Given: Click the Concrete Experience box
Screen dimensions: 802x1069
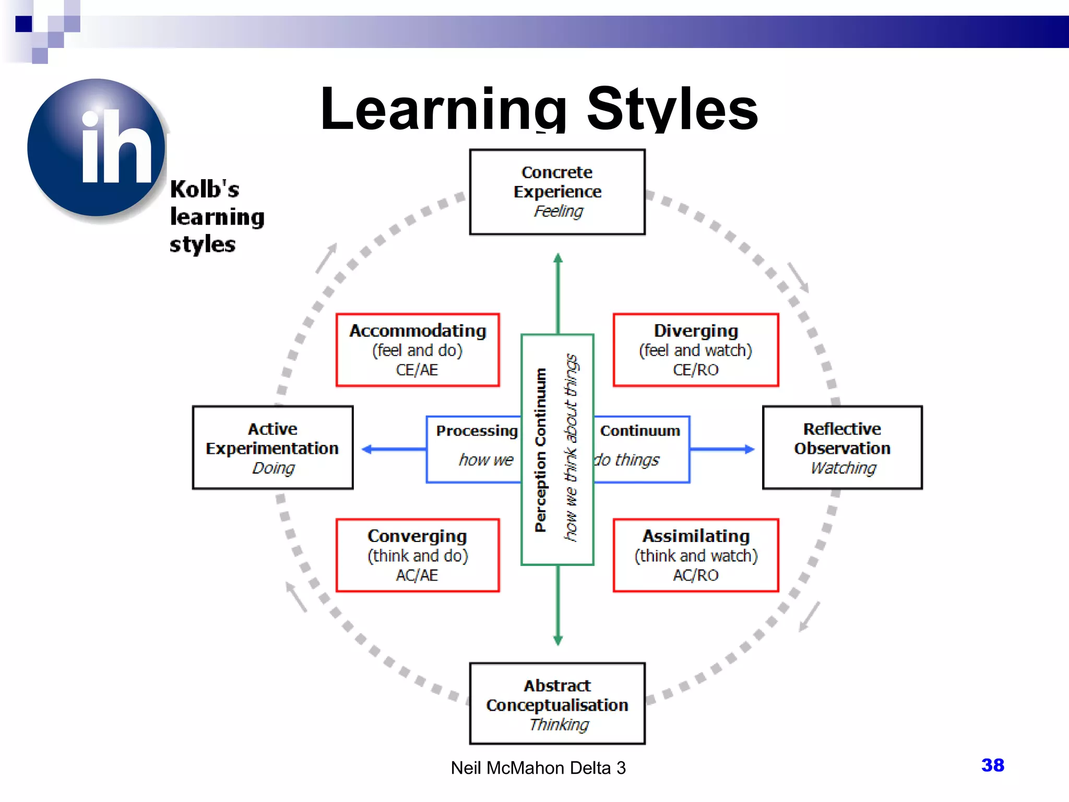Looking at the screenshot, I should click(x=557, y=192).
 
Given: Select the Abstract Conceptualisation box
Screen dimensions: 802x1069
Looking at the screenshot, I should click(x=557, y=703).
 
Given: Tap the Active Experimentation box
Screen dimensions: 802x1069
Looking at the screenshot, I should click(x=272, y=447).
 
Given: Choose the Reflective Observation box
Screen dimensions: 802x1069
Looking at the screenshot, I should click(x=842, y=447).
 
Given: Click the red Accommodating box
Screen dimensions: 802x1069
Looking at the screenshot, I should click(x=418, y=350).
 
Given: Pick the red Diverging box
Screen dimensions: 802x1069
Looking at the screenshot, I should click(x=696, y=350).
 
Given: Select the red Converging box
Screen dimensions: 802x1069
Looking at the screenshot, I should click(x=418, y=555).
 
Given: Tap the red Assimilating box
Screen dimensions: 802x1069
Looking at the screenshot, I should click(x=696, y=555).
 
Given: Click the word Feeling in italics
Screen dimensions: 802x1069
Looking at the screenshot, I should click(x=558, y=211).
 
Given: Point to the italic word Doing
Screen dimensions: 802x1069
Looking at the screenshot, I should click(x=273, y=468).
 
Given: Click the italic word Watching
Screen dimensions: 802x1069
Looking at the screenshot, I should click(x=843, y=468).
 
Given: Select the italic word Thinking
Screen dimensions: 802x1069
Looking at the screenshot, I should click(x=559, y=724).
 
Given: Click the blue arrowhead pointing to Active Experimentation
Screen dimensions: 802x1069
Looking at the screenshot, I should click(x=367, y=449).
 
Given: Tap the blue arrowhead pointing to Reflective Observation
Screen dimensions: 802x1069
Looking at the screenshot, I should click(x=749, y=449).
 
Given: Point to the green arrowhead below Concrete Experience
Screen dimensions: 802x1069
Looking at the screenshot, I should click(x=558, y=258).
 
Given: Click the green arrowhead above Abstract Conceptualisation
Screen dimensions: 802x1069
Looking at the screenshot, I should click(x=558, y=640).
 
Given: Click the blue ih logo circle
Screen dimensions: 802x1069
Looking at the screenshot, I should click(x=97, y=148).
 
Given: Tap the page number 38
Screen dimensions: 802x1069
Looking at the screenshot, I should click(x=992, y=765).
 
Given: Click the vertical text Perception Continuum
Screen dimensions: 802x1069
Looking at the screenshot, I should click(x=541, y=450).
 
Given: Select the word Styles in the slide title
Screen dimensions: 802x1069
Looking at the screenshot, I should click(x=672, y=110).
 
